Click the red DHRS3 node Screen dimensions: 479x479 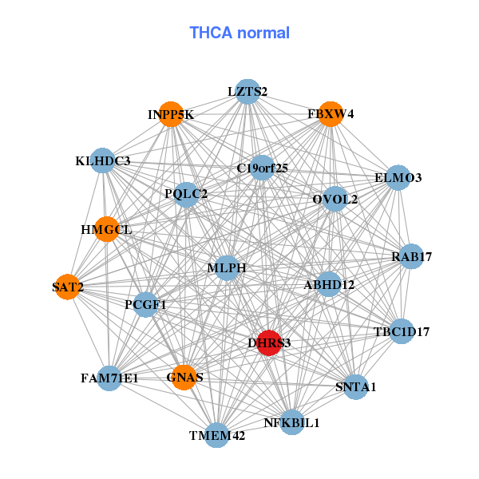tap(269, 342)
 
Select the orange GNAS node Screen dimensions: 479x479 tap(184, 377)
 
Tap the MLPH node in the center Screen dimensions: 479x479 tap(227, 268)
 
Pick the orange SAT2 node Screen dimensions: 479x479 tap(68, 287)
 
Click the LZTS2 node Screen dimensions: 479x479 tap(247, 92)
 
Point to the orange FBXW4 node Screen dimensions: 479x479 tap(331, 114)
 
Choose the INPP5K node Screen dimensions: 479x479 tap(171, 115)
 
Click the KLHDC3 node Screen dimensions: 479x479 tap(103, 161)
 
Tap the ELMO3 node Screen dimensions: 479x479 tap(398, 178)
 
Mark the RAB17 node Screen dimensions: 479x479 tap(411, 257)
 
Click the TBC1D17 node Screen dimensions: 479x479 tap(402, 331)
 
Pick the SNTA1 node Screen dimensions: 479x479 tap(356, 387)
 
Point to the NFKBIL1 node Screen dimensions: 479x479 tap(291, 422)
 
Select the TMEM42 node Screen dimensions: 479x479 tap(217, 435)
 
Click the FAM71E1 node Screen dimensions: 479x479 tap(109, 378)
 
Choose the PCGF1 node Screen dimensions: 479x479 tap(145, 304)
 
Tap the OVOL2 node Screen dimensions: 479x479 tap(335, 199)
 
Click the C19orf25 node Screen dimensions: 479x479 tap(262, 168)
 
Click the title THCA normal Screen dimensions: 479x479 tap(239, 33)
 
